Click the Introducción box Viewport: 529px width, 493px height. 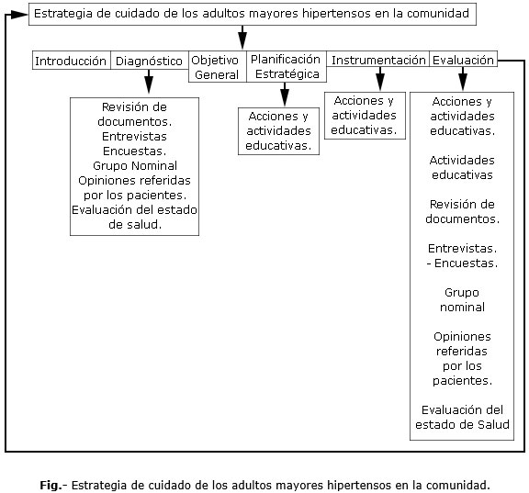[72, 61]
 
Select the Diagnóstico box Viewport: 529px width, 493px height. [150, 61]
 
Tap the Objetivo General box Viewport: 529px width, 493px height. [218, 67]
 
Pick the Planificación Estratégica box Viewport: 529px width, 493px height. [287, 67]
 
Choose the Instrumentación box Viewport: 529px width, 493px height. [377, 59]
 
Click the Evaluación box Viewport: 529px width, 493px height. [463, 59]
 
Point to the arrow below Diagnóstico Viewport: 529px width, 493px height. [149, 82]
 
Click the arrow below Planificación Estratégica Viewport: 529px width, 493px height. [285, 94]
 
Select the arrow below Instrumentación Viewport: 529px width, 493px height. [380, 79]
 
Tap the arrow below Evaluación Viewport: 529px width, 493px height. [463, 79]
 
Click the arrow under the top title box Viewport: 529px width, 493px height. [242, 37]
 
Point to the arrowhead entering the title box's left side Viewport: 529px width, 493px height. [19, 14]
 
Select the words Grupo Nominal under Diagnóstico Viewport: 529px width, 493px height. [135, 165]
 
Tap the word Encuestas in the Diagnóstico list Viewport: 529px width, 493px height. [134, 151]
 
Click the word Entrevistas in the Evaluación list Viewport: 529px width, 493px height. [462, 248]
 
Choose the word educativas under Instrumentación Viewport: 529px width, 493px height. [364, 129]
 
